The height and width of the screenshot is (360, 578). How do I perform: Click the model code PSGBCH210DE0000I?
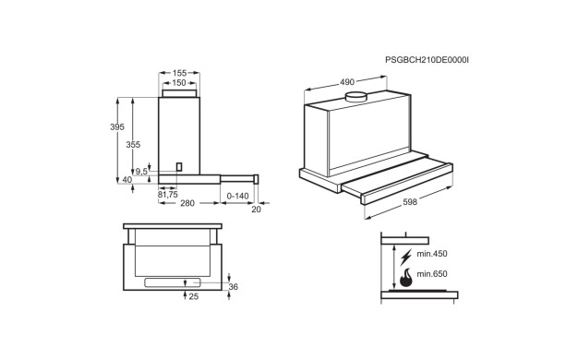pos(427,60)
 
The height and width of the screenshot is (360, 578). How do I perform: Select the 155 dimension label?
pos(179,73)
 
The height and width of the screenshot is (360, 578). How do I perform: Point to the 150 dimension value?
pos(179,83)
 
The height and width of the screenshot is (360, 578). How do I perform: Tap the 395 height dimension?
pos(117,126)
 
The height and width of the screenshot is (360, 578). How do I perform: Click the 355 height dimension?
pos(133,144)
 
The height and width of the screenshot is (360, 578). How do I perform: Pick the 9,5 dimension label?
pos(141,172)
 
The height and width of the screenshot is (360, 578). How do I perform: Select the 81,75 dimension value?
pos(168,195)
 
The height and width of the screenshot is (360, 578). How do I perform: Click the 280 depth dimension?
pos(187,203)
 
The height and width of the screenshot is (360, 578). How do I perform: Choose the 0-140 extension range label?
pos(238,196)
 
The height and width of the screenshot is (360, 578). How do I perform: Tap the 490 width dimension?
pos(347,82)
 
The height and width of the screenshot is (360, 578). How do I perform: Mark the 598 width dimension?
pos(410,202)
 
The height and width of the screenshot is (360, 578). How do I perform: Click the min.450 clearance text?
pos(432,254)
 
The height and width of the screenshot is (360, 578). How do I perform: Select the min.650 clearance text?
pos(432,274)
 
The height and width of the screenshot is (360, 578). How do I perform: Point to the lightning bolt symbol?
pos(406,257)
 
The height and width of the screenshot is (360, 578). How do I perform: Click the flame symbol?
pos(406,278)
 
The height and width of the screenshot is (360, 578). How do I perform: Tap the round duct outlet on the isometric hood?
pos(355,97)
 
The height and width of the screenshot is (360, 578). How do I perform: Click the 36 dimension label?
pos(234,287)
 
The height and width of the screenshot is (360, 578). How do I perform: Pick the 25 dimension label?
pos(194,296)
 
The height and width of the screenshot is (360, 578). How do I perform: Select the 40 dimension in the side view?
pos(127,180)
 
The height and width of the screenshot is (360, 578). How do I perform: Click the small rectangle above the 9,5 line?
pos(179,166)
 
